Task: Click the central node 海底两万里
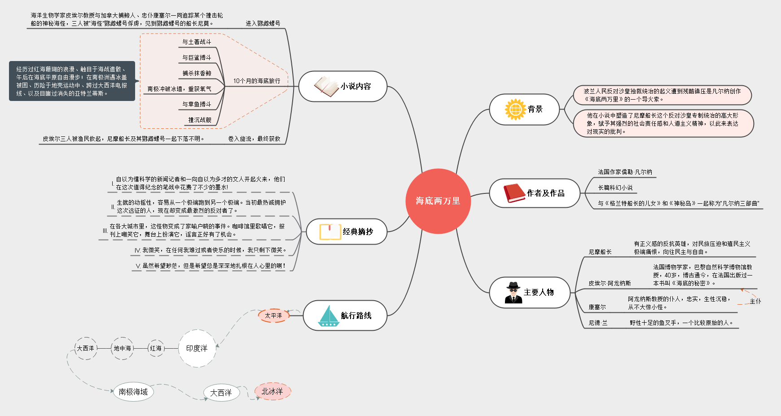[438, 201]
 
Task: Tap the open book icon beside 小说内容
[326, 86]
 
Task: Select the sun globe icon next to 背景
[515, 109]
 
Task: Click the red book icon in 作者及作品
[514, 193]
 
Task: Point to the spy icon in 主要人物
[513, 293]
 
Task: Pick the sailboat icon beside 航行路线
[329, 315]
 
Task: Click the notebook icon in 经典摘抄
[330, 232]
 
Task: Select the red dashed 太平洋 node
[273, 315]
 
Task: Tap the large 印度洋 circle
[197, 348]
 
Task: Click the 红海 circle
[156, 348]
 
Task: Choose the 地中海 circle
[122, 348]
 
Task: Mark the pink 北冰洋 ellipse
[272, 391]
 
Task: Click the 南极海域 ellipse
[133, 392]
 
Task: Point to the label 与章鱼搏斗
[197, 104]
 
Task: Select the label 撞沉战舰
[200, 120]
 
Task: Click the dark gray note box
[72, 81]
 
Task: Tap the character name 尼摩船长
[600, 252]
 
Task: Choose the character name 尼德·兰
[598, 323]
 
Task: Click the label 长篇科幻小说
[615, 188]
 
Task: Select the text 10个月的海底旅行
[257, 81]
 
